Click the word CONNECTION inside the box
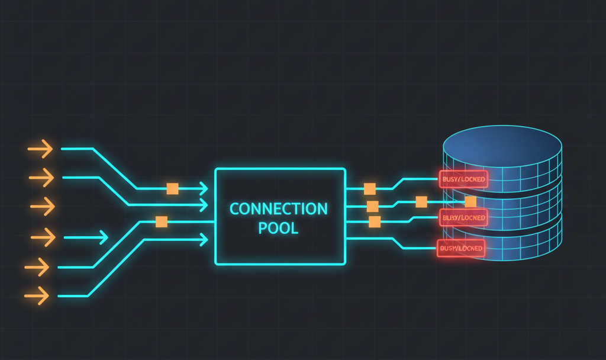pos(278,208)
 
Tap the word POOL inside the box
pos(278,228)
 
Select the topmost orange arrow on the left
pos(40,149)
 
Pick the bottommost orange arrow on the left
pos(37,294)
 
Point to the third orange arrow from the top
pos(42,207)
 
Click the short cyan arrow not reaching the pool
pos(86,238)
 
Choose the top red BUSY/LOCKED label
pos(463,179)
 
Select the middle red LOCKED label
pos(463,218)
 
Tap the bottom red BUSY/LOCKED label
pos(460,249)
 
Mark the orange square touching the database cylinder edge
pos(470,202)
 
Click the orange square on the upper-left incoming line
pos(172,189)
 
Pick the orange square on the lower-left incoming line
pos(161,222)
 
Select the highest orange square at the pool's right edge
pos(370,189)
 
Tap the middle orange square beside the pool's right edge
pos(372,207)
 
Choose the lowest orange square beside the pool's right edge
pos(374,222)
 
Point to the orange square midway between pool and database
pos(421,202)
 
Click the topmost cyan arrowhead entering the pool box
pos(204,189)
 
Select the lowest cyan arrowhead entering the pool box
pos(204,239)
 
